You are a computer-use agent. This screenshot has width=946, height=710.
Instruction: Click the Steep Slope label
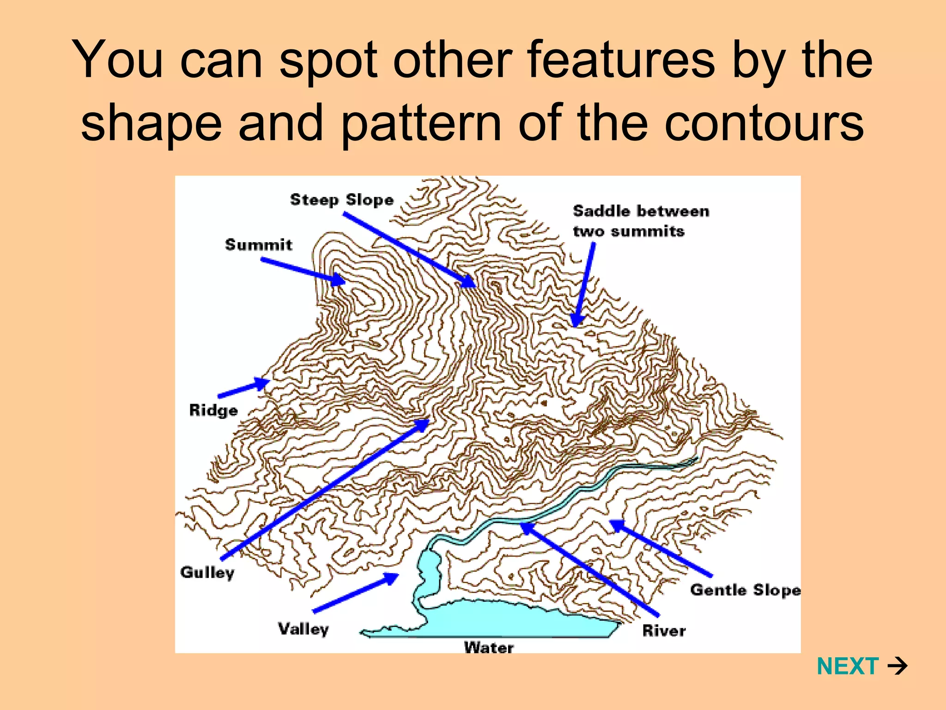(341, 200)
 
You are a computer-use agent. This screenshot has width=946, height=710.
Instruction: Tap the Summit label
(258, 245)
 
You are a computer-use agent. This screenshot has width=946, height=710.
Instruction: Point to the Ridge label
(213, 410)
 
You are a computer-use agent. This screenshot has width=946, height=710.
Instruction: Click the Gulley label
(207, 572)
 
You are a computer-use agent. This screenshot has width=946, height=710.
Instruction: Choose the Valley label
(303, 629)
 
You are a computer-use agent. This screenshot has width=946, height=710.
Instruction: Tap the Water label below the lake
(488, 647)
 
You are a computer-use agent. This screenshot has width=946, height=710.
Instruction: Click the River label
(664, 630)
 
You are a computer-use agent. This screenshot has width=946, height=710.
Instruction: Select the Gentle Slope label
(745, 590)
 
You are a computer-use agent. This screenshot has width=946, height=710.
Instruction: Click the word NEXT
(847, 666)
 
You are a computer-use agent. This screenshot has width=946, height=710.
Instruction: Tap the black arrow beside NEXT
(897, 666)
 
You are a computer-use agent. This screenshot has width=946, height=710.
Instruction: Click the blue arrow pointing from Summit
(303, 269)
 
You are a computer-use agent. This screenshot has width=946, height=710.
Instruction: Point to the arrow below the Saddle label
(584, 284)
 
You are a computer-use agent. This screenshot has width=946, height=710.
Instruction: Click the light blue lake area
(490, 619)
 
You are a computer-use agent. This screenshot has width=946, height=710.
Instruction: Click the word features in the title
(621, 60)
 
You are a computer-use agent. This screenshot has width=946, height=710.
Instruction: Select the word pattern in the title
(421, 123)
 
